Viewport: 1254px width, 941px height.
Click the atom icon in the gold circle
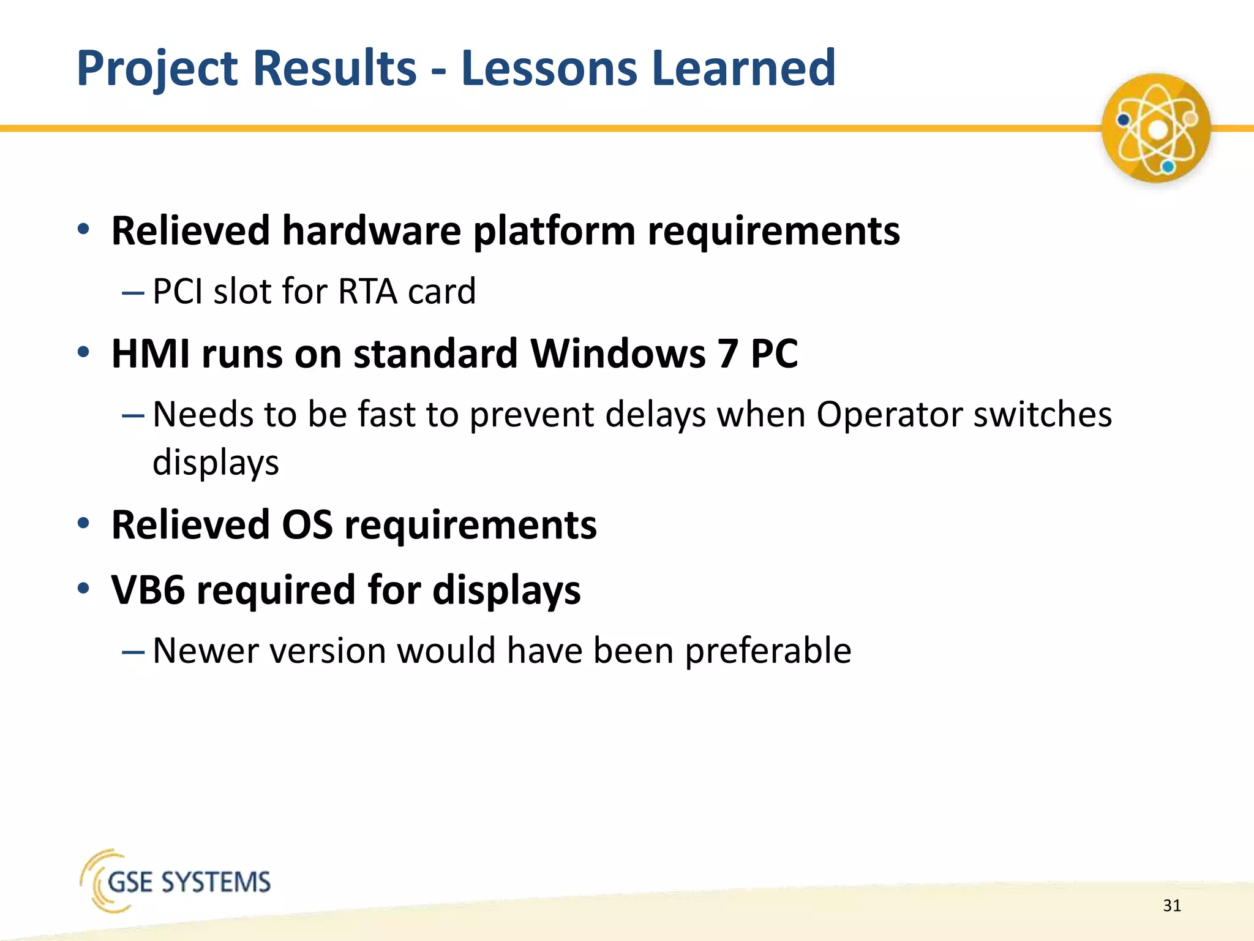coord(1155,129)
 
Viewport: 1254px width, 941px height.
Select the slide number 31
coord(1171,905)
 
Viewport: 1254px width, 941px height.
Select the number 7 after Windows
coord(727,353)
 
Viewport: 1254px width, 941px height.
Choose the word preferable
coord(768,651)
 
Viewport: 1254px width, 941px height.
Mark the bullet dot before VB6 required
coord(84,589)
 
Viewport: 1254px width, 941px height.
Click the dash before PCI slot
coord(133,293)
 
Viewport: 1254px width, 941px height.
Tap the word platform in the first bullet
coord(554,231)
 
